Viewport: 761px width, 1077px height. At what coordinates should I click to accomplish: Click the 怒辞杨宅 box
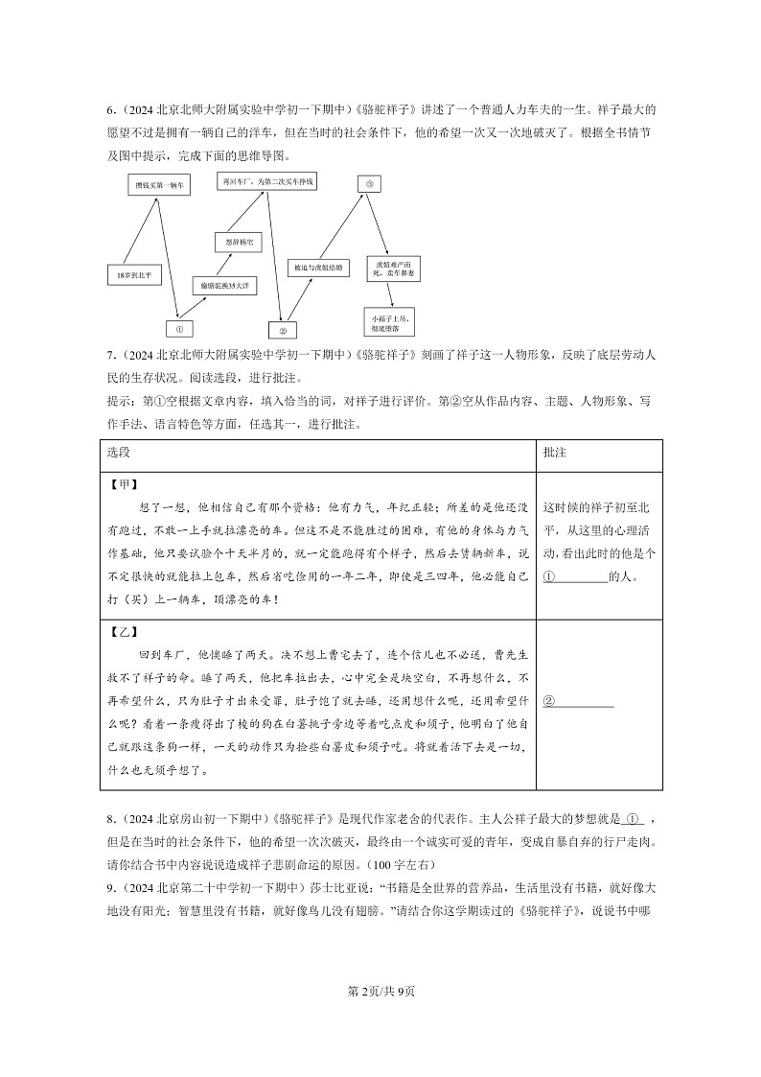(x=238, y=243)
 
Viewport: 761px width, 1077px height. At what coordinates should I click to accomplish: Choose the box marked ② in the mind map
(x=283, y=331)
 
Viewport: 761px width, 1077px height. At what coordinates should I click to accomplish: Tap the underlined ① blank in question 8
(x=633, y=819)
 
